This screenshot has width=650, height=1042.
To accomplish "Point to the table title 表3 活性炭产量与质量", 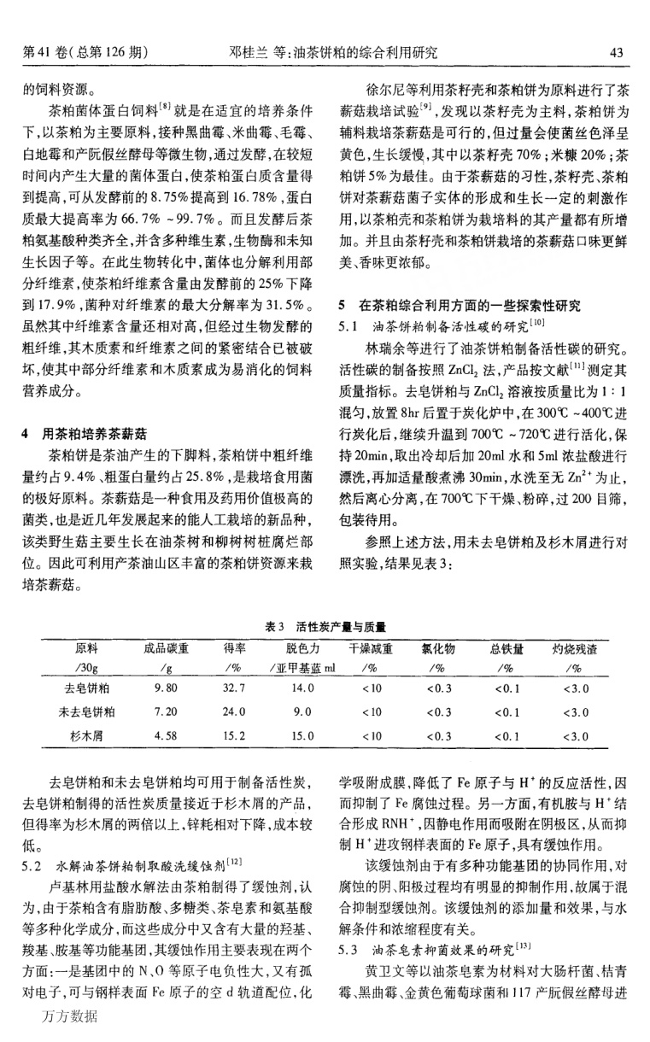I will [324, 628].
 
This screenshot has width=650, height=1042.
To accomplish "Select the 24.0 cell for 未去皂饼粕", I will [235, 710].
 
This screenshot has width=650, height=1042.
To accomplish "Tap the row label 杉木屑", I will [86, 733].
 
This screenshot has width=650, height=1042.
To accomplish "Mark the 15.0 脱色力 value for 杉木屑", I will [303, 733].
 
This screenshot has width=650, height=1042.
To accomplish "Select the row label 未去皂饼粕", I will [86, 710].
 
